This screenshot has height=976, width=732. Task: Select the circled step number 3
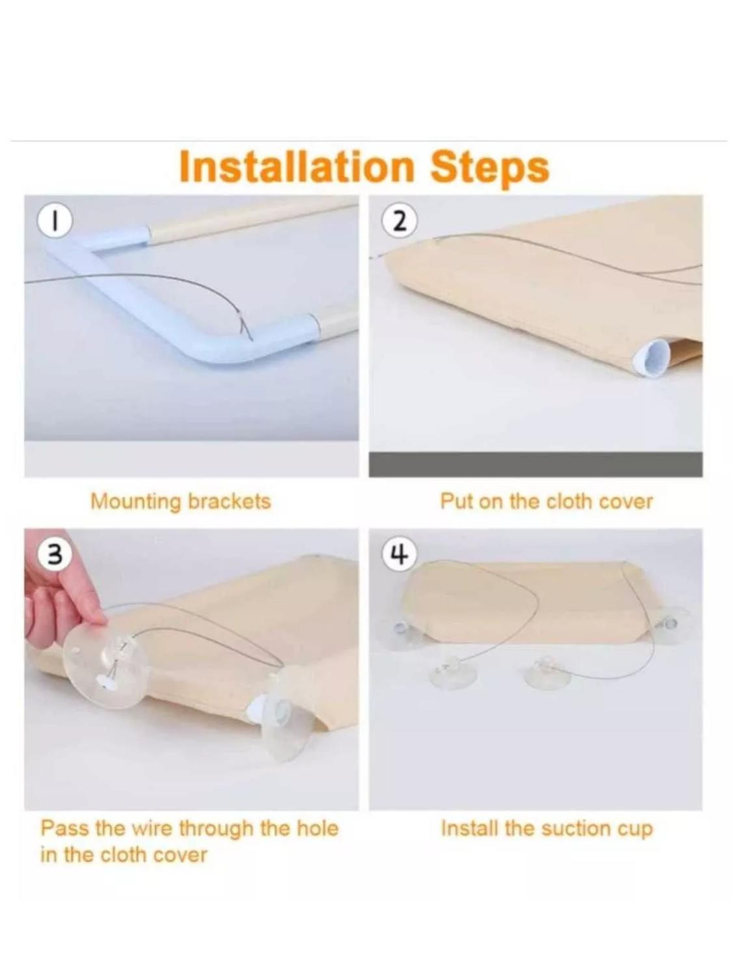54,556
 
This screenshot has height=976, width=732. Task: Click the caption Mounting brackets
180,502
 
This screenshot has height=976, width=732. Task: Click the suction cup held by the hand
106,660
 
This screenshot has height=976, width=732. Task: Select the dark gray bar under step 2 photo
535,464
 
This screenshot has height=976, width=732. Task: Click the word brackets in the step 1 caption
229,501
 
